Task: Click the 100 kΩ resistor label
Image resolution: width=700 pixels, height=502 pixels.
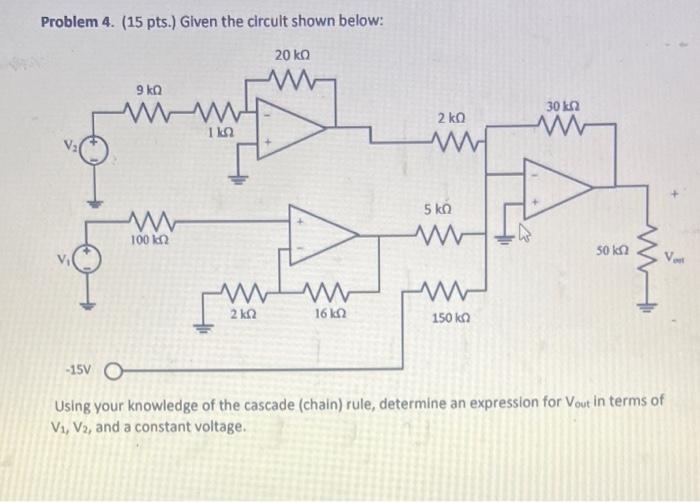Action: point(148,241)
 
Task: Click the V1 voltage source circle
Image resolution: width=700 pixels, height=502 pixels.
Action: point(91,262)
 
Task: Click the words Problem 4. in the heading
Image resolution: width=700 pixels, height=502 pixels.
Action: point(78,23)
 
